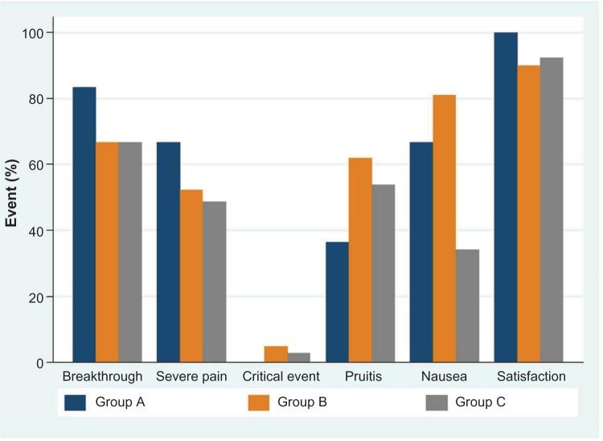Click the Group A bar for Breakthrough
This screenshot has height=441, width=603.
tap(84, 225)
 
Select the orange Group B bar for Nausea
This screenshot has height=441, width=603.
tap(444, 229)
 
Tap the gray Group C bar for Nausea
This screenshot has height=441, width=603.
tap(467, 306)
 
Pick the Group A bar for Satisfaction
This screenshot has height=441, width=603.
tap(506, 197)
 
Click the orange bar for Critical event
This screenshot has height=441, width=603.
tap(276, 354)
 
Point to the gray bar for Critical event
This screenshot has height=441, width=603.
tap(299, 357)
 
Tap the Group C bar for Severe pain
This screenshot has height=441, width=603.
tap(215, 282)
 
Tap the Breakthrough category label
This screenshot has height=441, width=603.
tap(102, 377)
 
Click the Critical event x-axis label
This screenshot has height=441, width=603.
tap(281, 377)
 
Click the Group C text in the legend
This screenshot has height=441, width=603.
tap(481, 402)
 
